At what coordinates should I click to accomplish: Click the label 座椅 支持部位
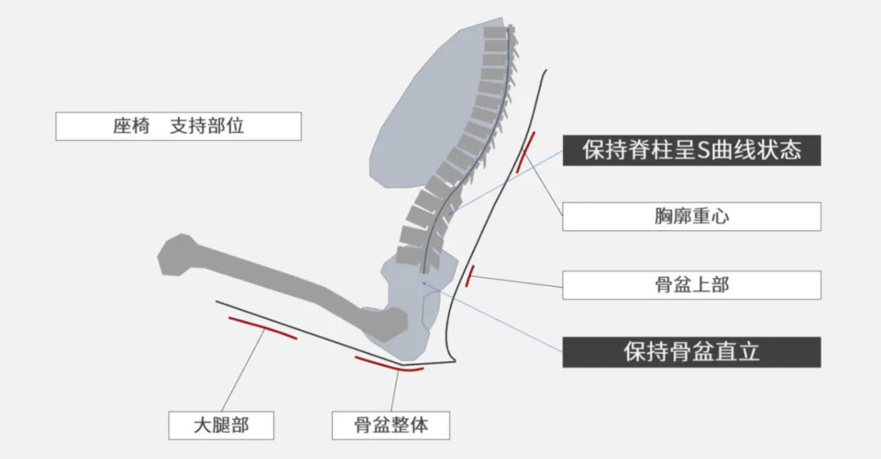(179, 127)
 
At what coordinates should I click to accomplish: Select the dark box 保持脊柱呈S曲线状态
(692, 150)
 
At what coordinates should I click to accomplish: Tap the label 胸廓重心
(692, 216)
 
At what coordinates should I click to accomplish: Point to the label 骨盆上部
(692, 284)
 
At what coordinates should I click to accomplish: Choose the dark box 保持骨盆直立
(692, 352)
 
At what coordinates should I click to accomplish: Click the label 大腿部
(221, 426)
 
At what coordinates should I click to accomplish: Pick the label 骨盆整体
(391, 426)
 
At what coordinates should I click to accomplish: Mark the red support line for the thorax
(526, 151)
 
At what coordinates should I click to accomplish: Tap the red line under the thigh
(262, 328)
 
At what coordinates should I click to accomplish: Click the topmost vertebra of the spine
(495, 33)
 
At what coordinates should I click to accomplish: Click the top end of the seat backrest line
(545, 71)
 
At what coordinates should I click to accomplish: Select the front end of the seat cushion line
(217, 301)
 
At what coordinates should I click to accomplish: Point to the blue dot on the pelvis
(423, 283)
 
